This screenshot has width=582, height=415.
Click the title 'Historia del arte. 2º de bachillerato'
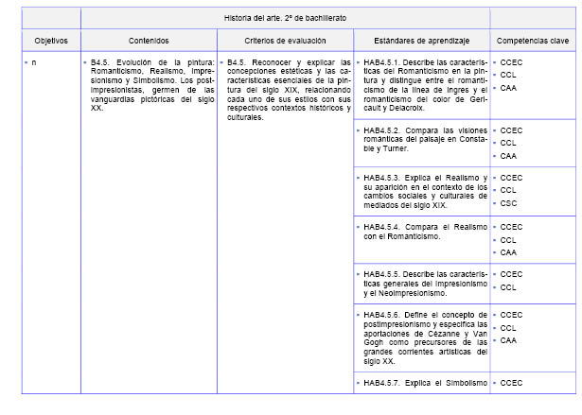click(x=285, y=19)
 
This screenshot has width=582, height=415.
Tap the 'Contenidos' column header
click(x=149, y=42)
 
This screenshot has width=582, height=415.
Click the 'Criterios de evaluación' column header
click(x=285, y=42)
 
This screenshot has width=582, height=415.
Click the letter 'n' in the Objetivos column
click(x=34, y=62)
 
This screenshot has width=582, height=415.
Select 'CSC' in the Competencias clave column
click(x=509, y=203)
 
